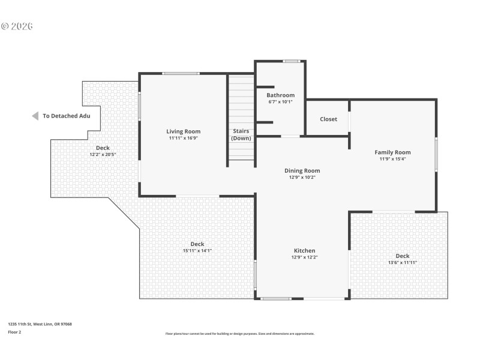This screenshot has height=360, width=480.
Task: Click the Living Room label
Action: click(184, 131)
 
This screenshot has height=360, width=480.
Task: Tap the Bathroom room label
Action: click(281, 95)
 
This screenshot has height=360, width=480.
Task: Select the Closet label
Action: click(328, 119)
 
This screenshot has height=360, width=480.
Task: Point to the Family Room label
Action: click(393, 152)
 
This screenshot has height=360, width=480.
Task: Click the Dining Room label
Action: click(302, 170)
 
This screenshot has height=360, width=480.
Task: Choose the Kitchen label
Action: click(304, 250)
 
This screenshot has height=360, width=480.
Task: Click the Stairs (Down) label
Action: click(241, 134)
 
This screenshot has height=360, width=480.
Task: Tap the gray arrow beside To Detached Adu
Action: click(35, 116)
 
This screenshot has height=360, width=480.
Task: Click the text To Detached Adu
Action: click(66, 116)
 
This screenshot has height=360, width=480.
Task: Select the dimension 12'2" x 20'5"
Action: click(103, 155)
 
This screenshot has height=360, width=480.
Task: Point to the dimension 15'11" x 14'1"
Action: click(197, 251)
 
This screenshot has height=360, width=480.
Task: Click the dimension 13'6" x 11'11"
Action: click(403, 263)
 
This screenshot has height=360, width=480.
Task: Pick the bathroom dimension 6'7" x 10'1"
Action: click(281, 101)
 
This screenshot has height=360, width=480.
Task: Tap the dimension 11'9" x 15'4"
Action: click(393, 159)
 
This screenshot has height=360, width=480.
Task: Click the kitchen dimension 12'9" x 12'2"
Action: click(304, 257)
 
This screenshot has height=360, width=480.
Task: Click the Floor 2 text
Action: click(14, 331)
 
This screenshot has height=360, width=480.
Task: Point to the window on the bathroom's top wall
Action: click(292, 61)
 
